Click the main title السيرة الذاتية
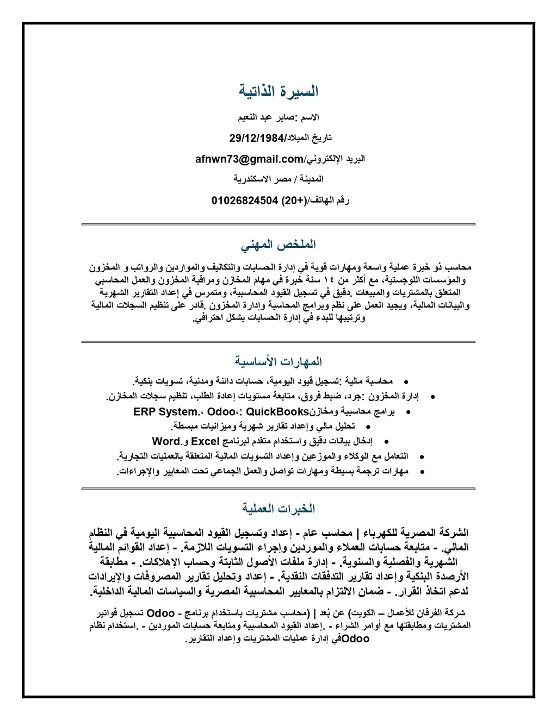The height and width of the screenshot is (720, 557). (x=278, y=91)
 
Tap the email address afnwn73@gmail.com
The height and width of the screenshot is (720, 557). (x=249, y=159)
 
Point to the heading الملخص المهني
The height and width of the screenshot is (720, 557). (x=278, y=243)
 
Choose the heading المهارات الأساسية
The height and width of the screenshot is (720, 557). (x=278, y=361)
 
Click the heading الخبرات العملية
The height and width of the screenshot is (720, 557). (x=278, y=509)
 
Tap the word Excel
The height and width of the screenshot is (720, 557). (x=205, y=441)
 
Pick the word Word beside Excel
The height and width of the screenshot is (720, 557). (x=166, y=441)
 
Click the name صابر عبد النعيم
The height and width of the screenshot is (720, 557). (x=266, y=117)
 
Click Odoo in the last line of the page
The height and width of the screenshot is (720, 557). (x=355, y=638)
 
